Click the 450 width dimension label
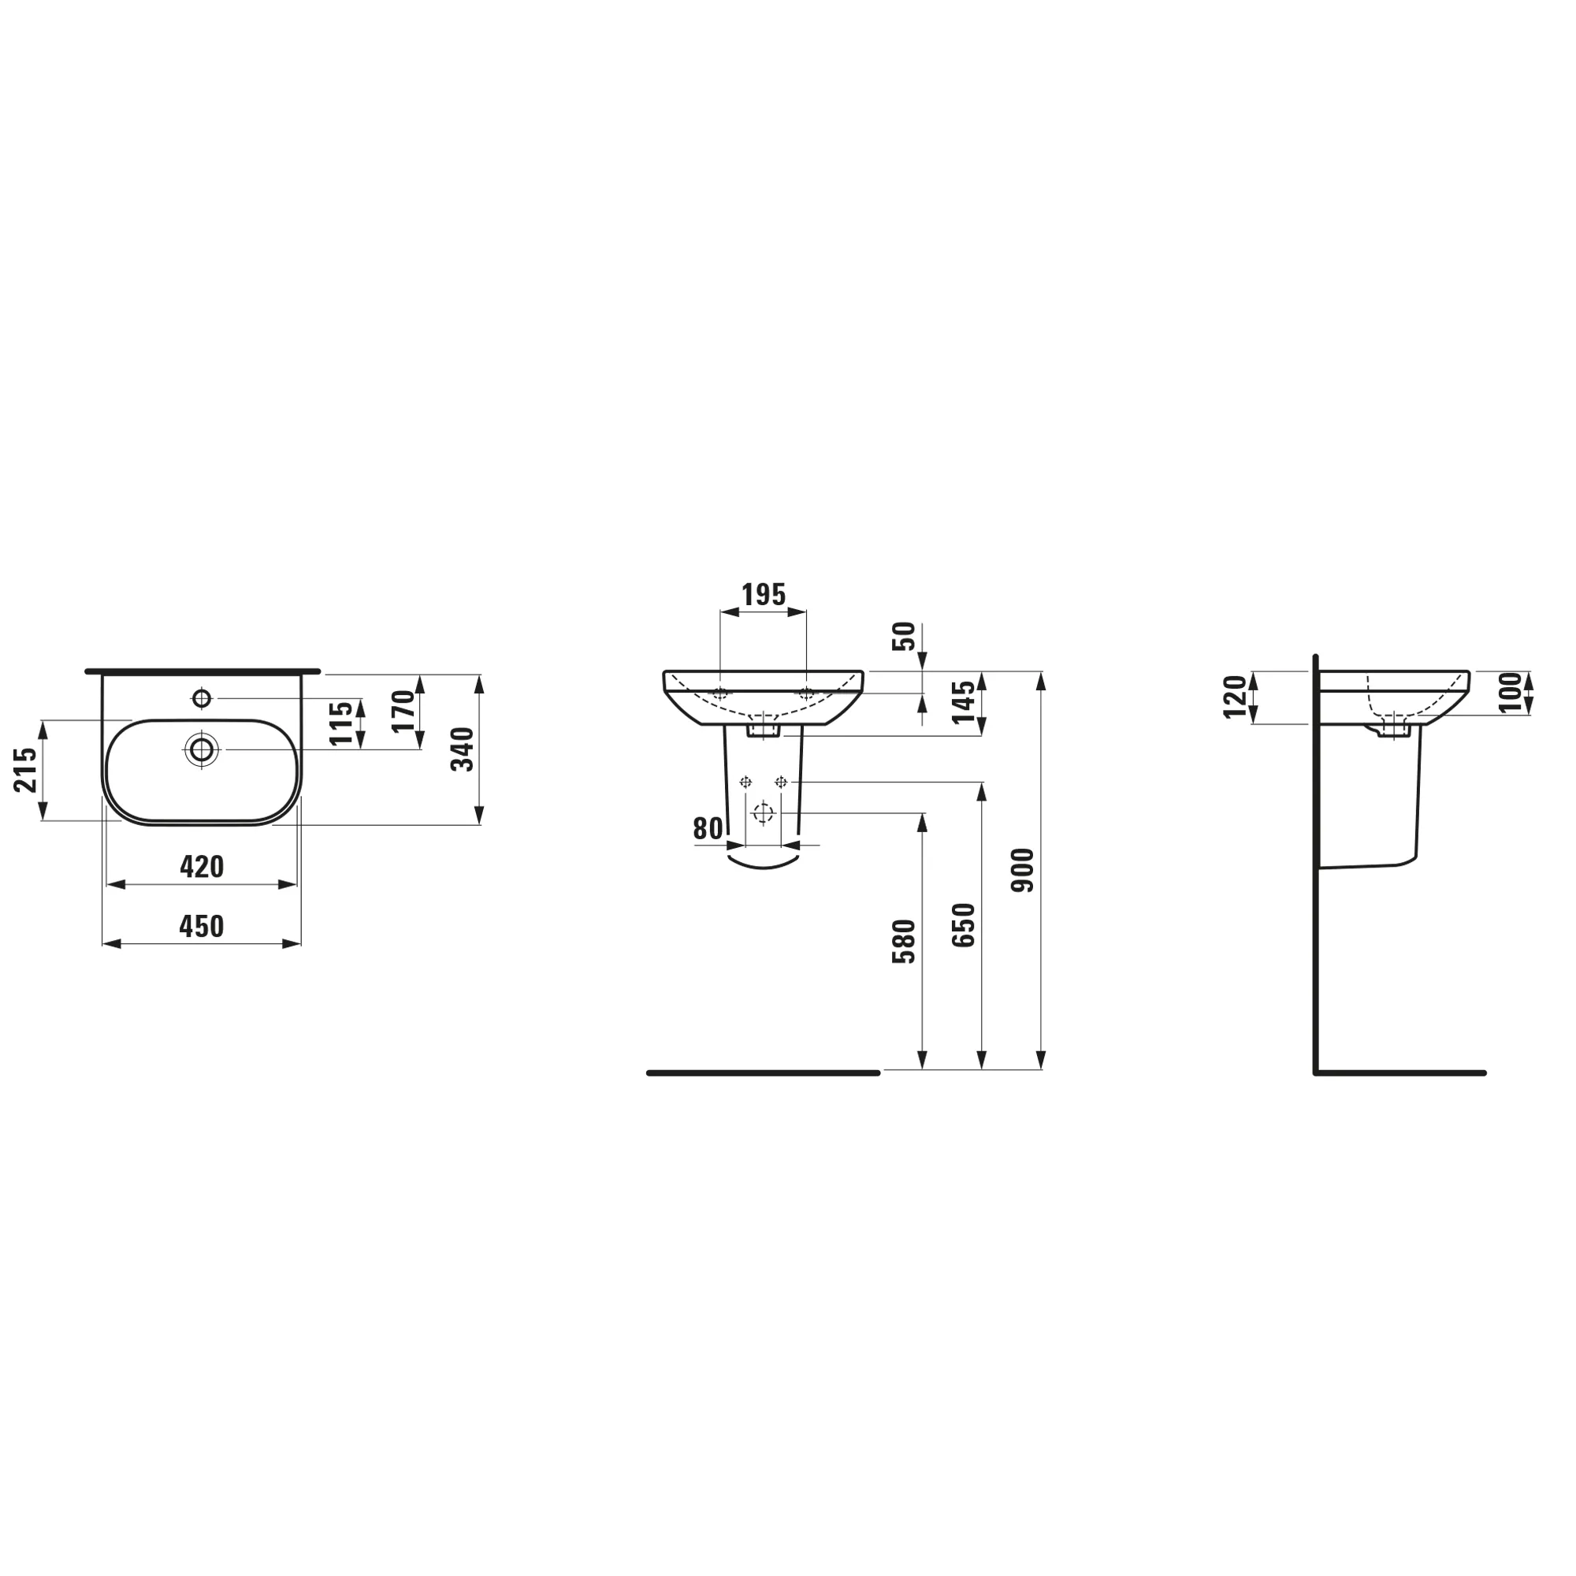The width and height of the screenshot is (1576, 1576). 201,927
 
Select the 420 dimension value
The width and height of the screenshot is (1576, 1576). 202,867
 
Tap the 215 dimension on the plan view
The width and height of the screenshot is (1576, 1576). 26,769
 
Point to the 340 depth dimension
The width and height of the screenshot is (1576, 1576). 463,749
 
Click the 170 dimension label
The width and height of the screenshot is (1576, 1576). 403,711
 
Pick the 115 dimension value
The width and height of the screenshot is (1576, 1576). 343,723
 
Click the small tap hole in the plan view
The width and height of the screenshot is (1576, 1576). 202,698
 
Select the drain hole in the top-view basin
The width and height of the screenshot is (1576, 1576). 202,749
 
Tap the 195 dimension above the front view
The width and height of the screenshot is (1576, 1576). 763,596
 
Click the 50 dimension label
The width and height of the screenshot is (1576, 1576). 904,636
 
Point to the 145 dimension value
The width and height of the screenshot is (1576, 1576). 965,702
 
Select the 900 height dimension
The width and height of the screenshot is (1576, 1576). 1023,871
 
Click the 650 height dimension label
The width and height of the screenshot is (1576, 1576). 964,925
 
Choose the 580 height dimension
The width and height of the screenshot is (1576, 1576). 904,942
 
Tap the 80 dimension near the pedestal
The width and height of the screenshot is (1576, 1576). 708,829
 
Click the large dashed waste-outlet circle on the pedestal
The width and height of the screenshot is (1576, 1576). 763,813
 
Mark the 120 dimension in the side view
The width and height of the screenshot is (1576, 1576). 1236,697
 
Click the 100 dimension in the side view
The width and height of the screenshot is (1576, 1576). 1510,692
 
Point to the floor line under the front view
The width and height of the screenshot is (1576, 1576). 763,1072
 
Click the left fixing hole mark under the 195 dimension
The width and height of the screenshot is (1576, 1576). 719,694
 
